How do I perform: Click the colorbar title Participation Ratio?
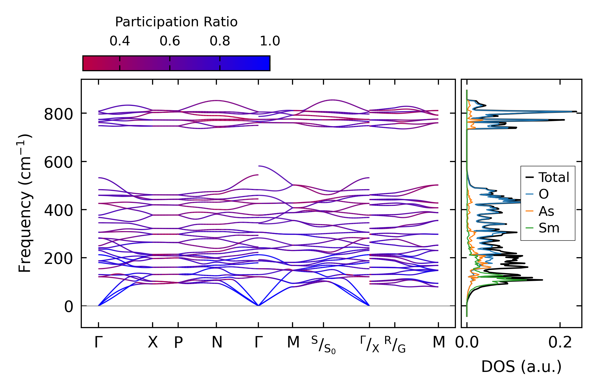click(x=176, y=22)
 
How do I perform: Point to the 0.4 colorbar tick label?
click(x=119, y=41)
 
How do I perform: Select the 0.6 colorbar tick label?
click(x=170, y=41)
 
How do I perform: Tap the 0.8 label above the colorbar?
click(x=220, y=41)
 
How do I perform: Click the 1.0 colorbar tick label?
click(x=270, y=41)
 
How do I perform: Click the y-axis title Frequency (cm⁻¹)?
click(x=25, y=203)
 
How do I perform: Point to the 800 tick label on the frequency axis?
click(x=58, y=114)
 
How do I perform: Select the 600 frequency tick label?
click(x=58, y=162)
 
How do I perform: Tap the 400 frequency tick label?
click(x=58, y=210)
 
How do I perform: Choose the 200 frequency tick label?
click(x=58, y=259)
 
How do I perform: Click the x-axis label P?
click(x=178, y=343)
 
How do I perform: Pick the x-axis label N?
click(x=217, y=342)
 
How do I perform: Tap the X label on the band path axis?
click(x=153, y=342)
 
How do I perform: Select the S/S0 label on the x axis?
click(x=323, y=345)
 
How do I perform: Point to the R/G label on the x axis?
click(x=395, y=344)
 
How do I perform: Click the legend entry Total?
click(x=554, y=177)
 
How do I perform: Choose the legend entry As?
click(x=546, y=211)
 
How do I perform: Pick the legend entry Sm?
click(x=549, y=228)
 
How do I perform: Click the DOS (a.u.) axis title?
click(x=521, y=367)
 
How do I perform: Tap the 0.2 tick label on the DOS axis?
click(x=560, y=343)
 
